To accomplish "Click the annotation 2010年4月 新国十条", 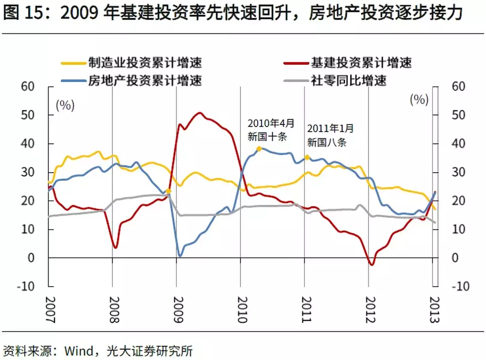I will coord(270,130).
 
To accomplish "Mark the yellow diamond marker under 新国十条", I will coord(259,149).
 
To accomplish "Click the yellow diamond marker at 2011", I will coord(307,157).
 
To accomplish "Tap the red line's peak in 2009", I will coord(199,113).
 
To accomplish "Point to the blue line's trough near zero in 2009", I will coord(180,256).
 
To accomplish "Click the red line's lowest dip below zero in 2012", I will coord(372,264).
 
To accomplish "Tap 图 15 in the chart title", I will coord(25,14).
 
